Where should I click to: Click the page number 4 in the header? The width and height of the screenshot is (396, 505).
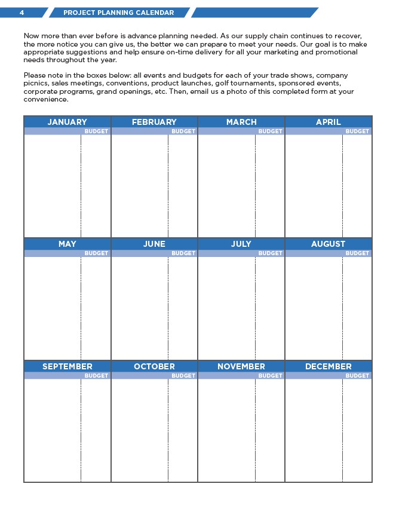pyautogui.click(x=22, y=13)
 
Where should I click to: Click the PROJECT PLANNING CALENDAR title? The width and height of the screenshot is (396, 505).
pyautogui.click(x=119, y=13)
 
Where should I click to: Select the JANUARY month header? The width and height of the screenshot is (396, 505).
pyautogui.click(x=67, y=122)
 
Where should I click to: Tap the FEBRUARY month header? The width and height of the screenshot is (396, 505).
pyautogui.click(x=154, y=122)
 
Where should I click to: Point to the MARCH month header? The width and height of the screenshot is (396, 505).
pyautogui.click(x=241, y=122)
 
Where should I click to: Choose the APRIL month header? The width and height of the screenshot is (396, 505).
pyautogui.click(x=329, y=122)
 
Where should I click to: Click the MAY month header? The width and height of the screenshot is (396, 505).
pyautogui.click(x=67, y=244)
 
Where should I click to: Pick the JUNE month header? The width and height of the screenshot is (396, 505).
pyautogui.click(x=154, y=244)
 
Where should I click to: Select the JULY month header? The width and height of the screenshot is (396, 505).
pyautogui.click(x=241, y=244)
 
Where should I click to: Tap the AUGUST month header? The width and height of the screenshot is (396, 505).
pyautogui.click(x=329, y=244)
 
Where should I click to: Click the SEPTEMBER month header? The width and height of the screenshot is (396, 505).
pyautogui.click(x=67, y=366)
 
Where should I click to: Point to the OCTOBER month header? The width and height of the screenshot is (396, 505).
pyautogui.click(x=154, y=366)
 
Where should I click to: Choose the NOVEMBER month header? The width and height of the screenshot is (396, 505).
pyautogui.click(x=241, y=366)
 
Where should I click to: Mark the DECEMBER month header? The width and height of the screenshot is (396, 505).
pyautogui.click(x=329, y=366)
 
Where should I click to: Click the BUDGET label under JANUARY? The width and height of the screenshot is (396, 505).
pyautogui.click(x=96, y=131)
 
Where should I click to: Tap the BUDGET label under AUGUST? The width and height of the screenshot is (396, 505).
pyautogui.click(x=357, y=253)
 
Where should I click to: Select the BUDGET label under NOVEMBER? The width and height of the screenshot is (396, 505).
pyautogui.click(x=270, y=376)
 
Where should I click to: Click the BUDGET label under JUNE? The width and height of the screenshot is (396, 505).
pyautogui.click(x=183, y=253)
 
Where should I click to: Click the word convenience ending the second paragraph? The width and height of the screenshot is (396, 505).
pyautogui.click(x=45, y=99)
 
